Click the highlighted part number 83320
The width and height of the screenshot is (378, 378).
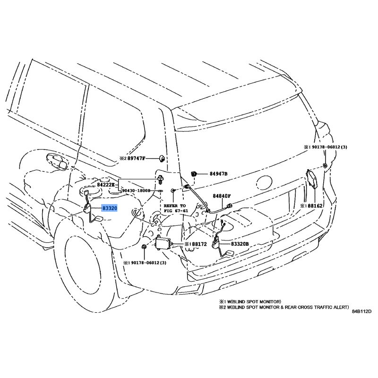pos(110,208)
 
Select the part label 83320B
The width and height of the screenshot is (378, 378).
pos(240,244)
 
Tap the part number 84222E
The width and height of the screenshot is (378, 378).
pos(106,185)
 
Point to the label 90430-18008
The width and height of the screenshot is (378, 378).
pos(136,190)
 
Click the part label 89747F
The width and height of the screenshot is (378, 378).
pos(137,159)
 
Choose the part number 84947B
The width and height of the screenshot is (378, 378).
pos(218,174)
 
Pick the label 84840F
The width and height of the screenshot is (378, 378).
pos(222,196)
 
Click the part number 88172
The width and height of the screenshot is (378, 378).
pos(199,244)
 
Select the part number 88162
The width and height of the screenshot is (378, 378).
pos(315,206)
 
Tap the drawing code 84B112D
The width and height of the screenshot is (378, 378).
pos(361,311)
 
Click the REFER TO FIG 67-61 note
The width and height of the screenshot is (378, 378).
pos(175,208)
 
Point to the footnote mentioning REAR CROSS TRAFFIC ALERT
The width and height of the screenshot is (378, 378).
pos(284,308)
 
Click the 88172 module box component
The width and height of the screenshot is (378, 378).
pos(163,244)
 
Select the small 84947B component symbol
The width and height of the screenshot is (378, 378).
pos(194,173)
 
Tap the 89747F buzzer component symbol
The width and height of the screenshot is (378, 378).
pos(162,159)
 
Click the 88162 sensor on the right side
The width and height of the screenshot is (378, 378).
pos(311,179)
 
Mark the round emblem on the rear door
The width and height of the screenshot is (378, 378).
pos(264,182)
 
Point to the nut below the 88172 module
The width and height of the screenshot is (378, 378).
pos(144,247)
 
